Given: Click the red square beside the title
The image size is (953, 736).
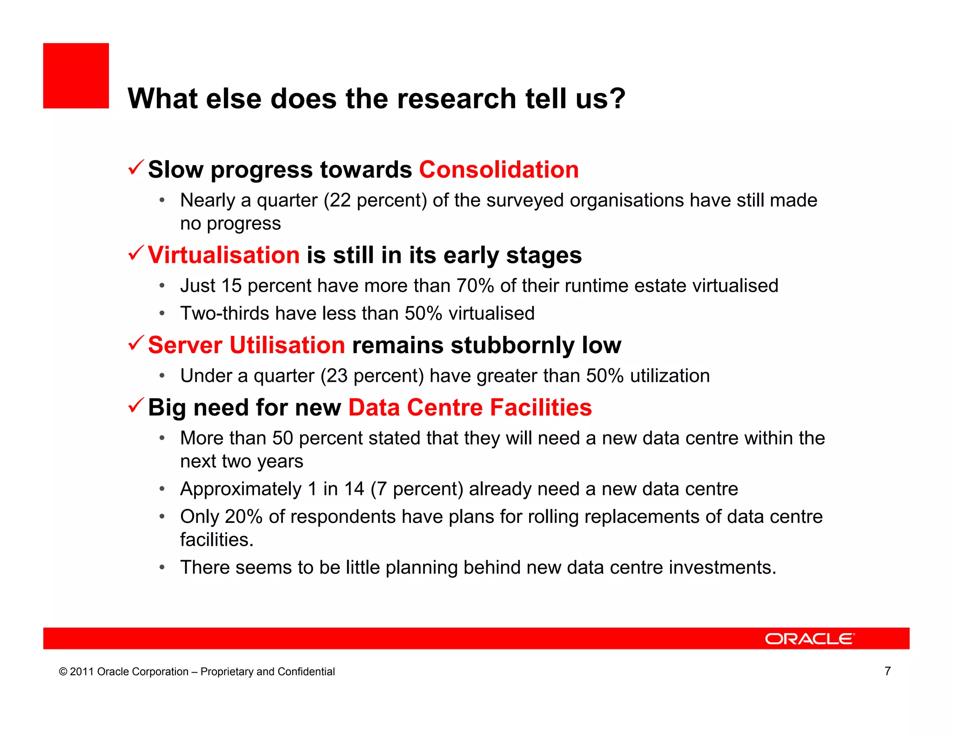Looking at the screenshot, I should [x=76, y=76].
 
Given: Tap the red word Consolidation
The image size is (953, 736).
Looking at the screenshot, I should [x=499, y=169].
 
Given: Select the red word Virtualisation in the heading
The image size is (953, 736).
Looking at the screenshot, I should [x=224, y=255].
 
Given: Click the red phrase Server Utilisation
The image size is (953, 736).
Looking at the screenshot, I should [x=247, y=345].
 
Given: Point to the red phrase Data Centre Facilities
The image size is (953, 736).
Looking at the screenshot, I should [x=470, y=408].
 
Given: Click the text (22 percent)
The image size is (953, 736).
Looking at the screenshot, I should [x=375, y=201].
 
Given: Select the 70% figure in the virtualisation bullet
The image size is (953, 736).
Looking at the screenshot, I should [x=475, y=286].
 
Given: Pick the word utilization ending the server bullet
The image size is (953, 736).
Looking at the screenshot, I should [x=670, y=376].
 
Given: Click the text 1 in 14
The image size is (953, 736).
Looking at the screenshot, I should [x=336, y=489].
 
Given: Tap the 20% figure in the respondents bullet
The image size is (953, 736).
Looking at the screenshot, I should [x=244, y=517].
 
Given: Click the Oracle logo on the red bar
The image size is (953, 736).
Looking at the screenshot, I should [x=810, y=639].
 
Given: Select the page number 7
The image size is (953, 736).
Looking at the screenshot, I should [x=887, y=671].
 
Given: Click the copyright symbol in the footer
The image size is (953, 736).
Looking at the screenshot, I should [x=63, y=672].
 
